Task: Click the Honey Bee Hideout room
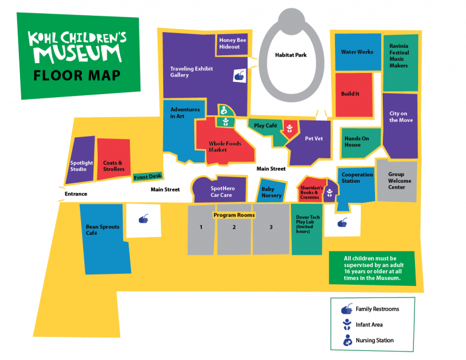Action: click(x=233, y=43)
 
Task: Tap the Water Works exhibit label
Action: click(x=357, y=52)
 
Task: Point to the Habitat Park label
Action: click(x=291, y=55)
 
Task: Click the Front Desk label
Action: click(x=148, y=177)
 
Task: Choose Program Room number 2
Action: click(x=234, y=228)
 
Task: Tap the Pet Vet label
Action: click(x=313, y=139)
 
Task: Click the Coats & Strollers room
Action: click(x=113, y=166)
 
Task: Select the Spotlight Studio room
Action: click(x=82, y=166)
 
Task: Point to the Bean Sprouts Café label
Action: click(x=103, y=229)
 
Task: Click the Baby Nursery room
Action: click(x=271, y=192)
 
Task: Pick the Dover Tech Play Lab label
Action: click(x=306, y=225)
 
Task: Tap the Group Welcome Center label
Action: click(x=400, y=180)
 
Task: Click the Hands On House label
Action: click(x=357, y=141)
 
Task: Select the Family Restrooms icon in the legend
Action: click(x=347, y=309)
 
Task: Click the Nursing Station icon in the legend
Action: click(x=347, y=340)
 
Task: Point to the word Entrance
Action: click(x=76, y=194)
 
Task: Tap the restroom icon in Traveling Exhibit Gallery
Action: click(x=240, y=76)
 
